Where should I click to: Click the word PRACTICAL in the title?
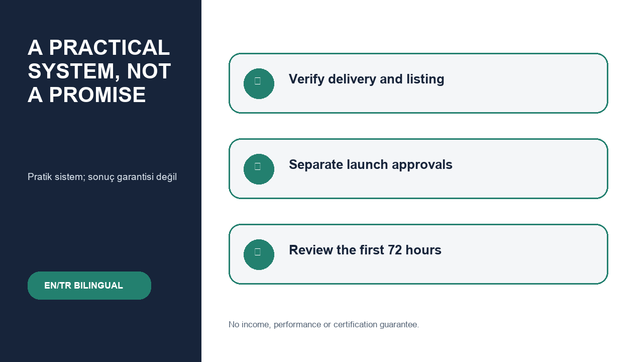110,47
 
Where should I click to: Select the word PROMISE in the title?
97,95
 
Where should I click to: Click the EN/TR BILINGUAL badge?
89,286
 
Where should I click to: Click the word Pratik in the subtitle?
40,176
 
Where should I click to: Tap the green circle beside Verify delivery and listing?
259,83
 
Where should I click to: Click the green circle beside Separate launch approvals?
259,169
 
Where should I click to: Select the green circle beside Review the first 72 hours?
259,254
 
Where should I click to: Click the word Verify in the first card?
306,79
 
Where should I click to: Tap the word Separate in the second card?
315,165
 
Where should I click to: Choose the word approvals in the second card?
422,165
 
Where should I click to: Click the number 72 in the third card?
395,250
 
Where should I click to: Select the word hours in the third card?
423,250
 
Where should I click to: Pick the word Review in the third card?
311,250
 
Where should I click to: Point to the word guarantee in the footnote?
399,325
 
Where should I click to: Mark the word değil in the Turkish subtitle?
166,177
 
